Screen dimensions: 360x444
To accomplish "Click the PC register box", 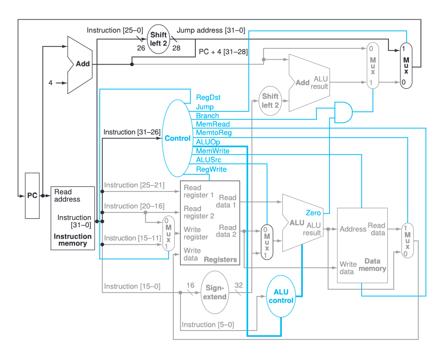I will [x=32, y=196].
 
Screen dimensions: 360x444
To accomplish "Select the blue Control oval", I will [x=177, y=139].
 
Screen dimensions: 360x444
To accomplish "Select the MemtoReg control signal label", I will [x=214, y=133].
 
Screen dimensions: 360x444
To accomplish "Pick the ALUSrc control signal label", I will [x=209, y=160].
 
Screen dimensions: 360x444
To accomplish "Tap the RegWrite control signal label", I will [x=211, y=169].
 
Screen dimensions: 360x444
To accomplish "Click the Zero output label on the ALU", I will [x=313, y=213].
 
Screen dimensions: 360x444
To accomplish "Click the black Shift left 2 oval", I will [x=158, y=39].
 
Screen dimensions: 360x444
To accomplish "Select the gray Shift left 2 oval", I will [x=270, y=101].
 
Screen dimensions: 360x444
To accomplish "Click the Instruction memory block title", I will [x=72, y=240].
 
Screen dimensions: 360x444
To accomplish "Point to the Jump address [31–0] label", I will [x=211, y=30].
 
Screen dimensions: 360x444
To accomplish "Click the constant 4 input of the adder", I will [x=51, y=82].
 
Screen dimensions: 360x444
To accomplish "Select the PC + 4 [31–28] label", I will [x=224, y=51].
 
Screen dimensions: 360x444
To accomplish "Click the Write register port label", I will [x=196, y=234].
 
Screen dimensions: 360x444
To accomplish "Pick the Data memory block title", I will [x=372, y=264].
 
